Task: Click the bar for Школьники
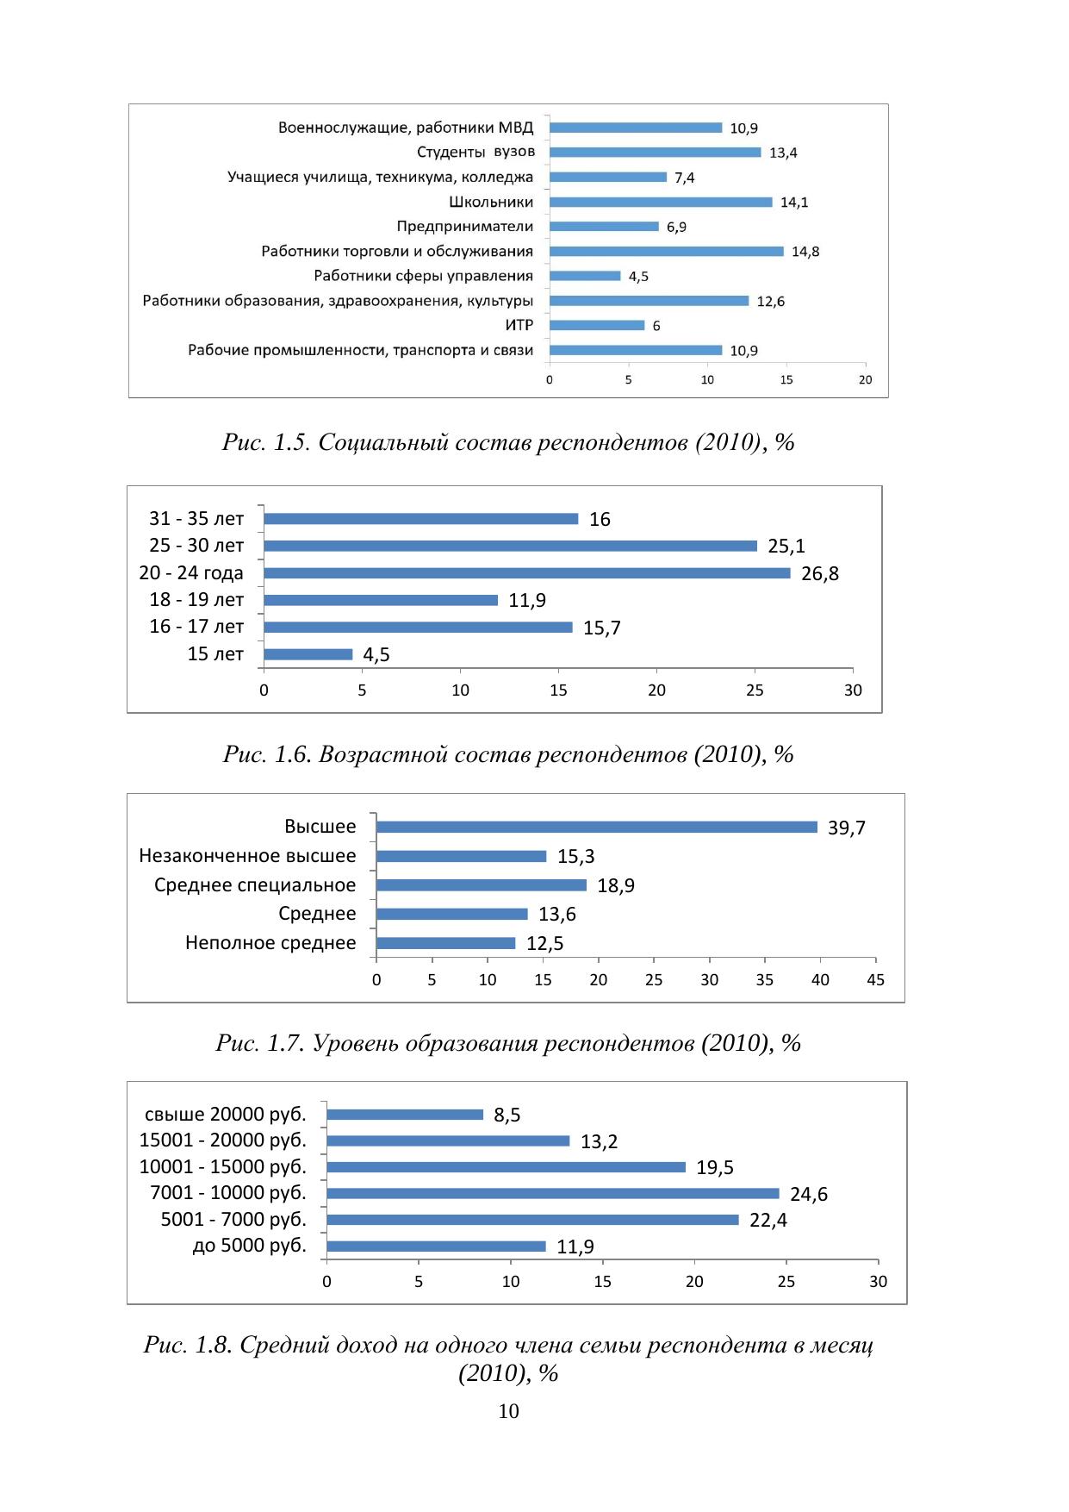(661, 202)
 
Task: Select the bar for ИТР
(597, 325)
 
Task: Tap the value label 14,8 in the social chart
(805, 252)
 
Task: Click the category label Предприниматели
(465, 227)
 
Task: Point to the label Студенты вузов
(475, 152)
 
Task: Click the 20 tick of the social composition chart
(865, 380)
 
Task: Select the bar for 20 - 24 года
(526, 573)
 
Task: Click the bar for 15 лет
(308, 654)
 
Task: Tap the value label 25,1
(786, 547)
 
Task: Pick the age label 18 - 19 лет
(196, 600)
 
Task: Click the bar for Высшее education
(597, 828)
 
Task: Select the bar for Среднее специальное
(482, 885)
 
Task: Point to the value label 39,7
(846, 828)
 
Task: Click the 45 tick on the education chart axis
(875, 980)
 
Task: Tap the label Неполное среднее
(270, 943)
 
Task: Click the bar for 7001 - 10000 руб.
(553, 1194)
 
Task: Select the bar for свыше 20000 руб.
(405, 1115)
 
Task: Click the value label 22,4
(768, 1221)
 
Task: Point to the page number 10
(508, 1411)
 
